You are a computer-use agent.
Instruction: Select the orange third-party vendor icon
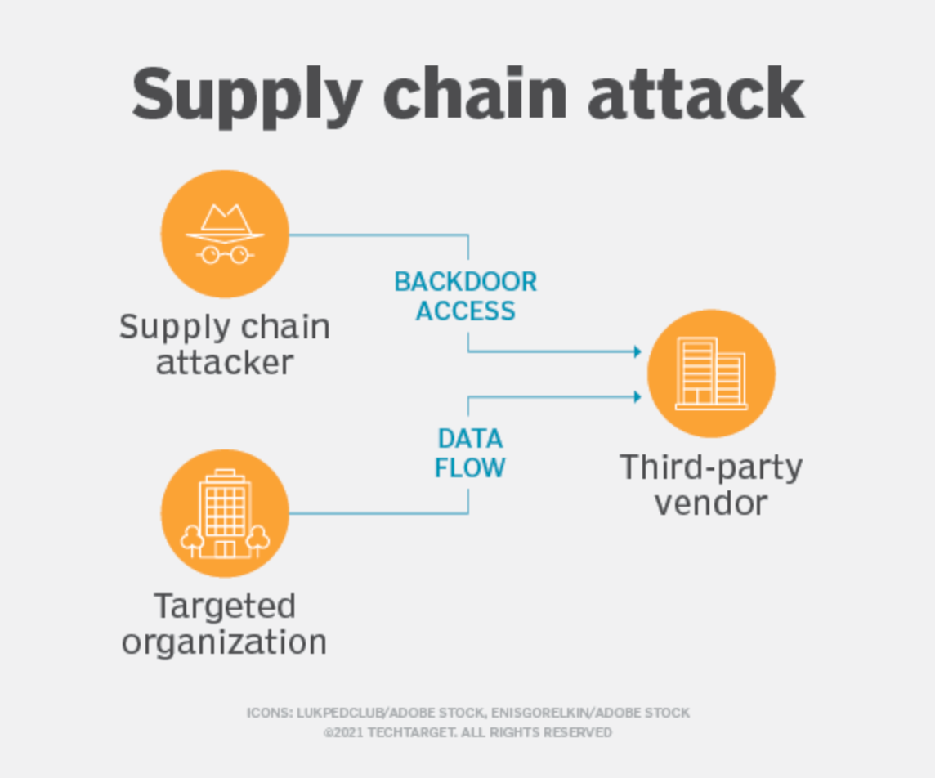click(711, 373)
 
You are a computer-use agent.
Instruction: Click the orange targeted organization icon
click(225, 513)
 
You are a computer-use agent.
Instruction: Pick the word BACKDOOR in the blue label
click(466, 282)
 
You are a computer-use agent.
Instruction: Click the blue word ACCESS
click(466, 311)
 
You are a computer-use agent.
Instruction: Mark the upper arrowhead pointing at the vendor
click(637, 352)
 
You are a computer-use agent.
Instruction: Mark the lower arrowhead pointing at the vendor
click(637, 397)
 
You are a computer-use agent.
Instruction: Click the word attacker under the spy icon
click(225, 362)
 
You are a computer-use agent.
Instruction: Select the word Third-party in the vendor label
click(711, 467)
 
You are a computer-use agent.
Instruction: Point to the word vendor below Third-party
click(711, 503)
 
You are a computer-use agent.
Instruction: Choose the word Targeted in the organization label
click(225, 606)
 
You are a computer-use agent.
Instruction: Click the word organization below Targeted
click(225, 642)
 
